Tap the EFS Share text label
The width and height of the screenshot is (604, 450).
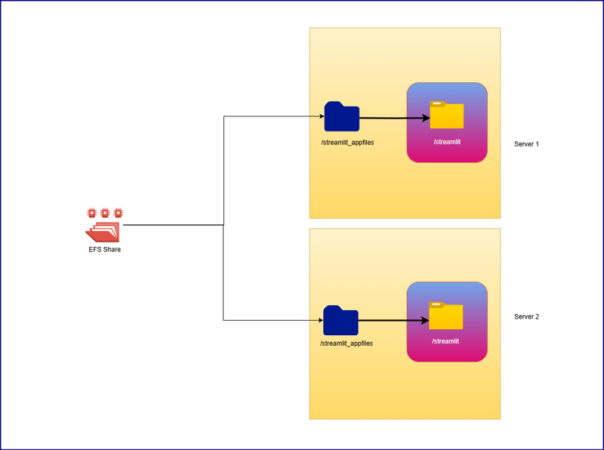point(104,250)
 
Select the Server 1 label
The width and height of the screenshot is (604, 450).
point(526,143)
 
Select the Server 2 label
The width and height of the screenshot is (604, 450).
point(526,316)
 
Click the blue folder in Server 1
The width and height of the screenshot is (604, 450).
point(341,116)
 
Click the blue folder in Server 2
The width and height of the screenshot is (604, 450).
point(341,320)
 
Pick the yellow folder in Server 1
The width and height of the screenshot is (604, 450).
point(446,115)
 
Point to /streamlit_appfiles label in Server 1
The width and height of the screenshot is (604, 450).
point(347,142)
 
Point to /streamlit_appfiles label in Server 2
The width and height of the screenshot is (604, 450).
point(347,344)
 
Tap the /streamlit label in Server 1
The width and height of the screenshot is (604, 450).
point(446,142)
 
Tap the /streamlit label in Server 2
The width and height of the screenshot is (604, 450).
point(445,341)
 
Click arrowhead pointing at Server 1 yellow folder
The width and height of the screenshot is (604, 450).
point(425,119)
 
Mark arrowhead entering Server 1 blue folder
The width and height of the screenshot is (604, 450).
point(320,116)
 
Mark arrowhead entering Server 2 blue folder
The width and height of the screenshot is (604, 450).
point(319,320)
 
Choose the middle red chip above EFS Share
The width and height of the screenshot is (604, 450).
point(104,213)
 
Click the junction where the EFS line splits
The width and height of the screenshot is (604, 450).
point(223,224)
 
